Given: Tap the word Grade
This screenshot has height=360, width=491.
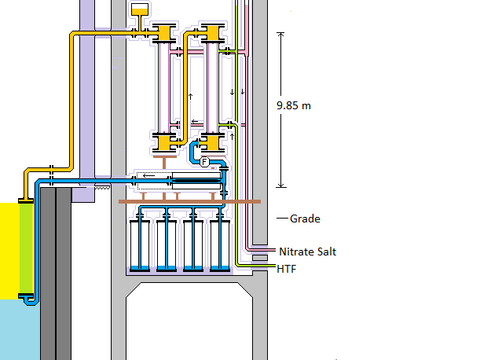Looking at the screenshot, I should tap(305, 219).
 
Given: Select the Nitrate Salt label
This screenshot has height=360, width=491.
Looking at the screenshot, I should tap(308, 252).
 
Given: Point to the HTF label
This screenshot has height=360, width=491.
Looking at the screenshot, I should tap(287, 269).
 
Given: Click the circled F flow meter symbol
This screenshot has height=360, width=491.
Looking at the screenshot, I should tap(205, 162).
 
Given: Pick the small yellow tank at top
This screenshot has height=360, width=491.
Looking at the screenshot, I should tap(140, 10).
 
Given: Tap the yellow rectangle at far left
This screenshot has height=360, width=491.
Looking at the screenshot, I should tap(9, 250).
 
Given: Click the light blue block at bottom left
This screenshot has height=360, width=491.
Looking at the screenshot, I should tap(16, 330).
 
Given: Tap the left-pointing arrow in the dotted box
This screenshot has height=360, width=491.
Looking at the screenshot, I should tap(148, 175).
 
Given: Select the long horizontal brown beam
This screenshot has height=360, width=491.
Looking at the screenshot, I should tap(189, 202).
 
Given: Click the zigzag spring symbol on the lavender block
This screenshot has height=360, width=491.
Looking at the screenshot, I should tap(102, 187).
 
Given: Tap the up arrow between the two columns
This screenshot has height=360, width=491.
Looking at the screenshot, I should tap(190, 96).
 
